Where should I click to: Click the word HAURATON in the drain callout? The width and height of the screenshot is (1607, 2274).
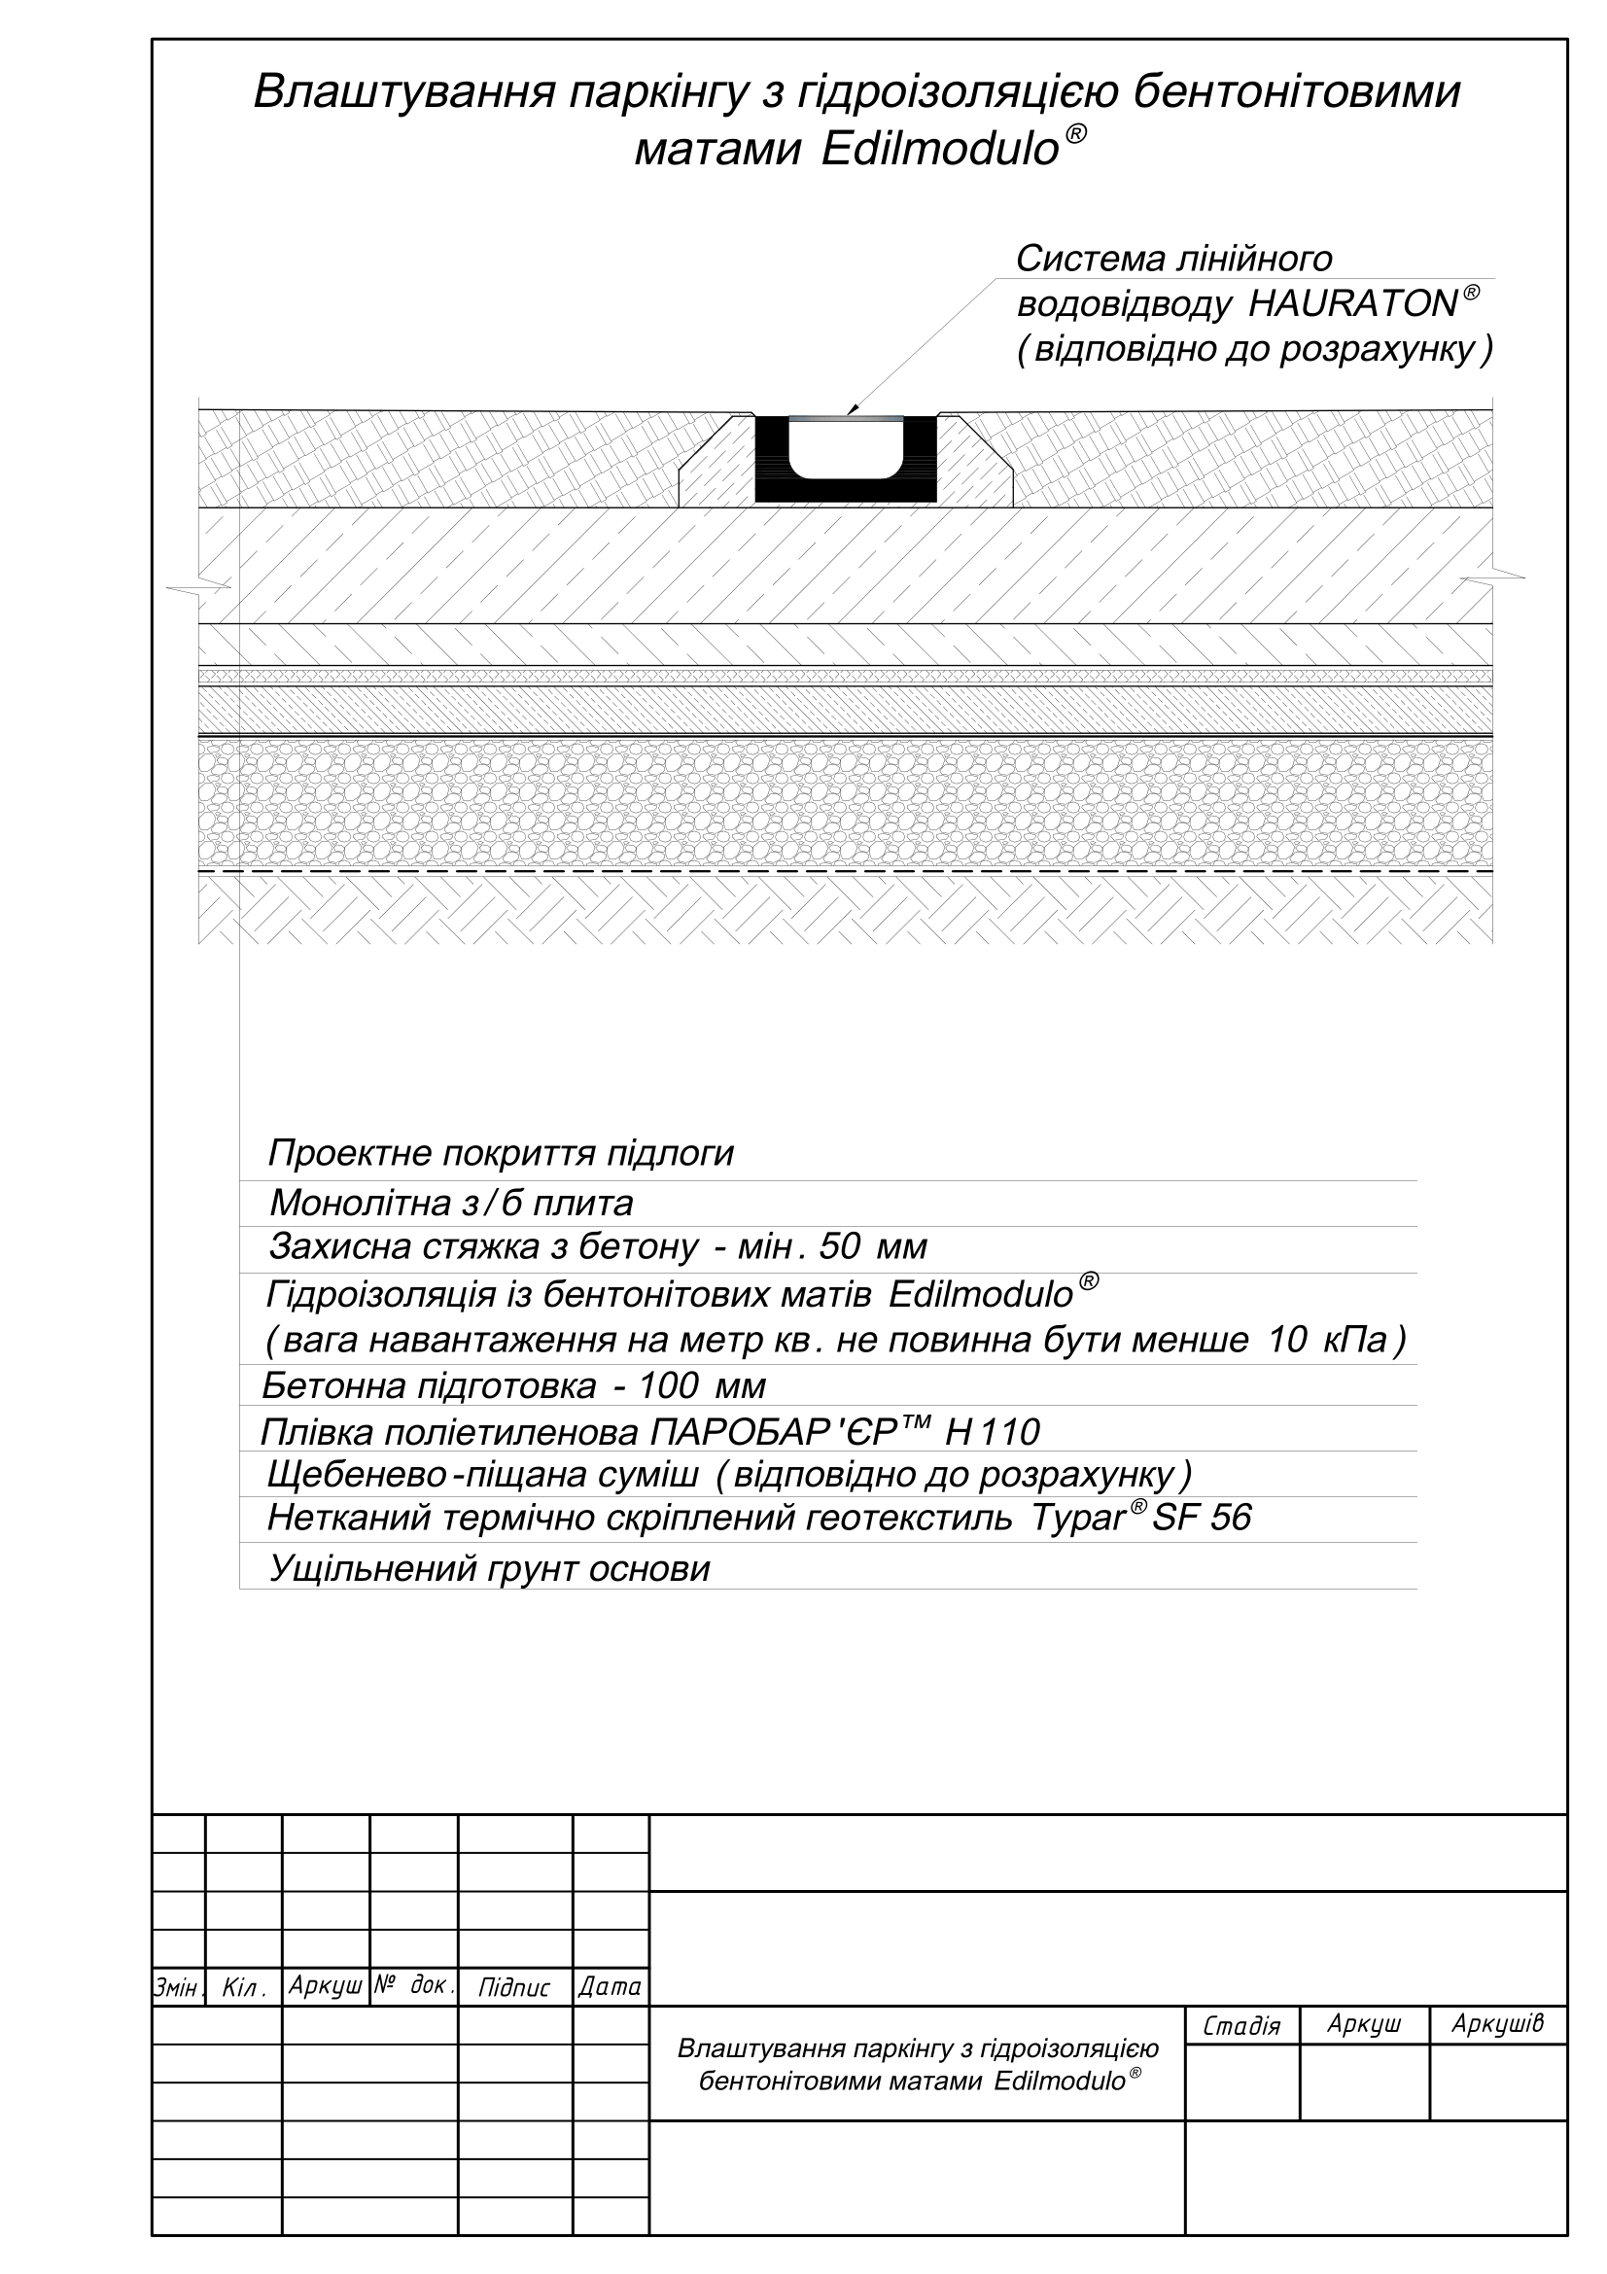pos(1352,304)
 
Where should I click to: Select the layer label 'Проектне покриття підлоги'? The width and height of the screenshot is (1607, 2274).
pos(500,1154)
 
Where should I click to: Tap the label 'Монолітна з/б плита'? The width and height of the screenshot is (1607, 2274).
pos(450,1204)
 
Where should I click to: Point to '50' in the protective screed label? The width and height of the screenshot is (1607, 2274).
pos(840,1247)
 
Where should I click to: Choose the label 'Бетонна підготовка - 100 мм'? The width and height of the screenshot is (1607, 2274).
pos(513,1385)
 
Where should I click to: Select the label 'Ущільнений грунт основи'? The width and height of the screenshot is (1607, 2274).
pos(489,1569)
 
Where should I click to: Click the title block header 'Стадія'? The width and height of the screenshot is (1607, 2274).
pos(1241,2026)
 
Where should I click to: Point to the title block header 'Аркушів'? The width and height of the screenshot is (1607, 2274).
pos(1497,2024)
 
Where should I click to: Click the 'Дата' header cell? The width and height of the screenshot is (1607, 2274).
pos(610,1987)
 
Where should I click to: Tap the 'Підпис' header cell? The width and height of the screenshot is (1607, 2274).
pos(514,1988)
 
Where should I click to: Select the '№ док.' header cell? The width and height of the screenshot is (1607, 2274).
pos(414,1986)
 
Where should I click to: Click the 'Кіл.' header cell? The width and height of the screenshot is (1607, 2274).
pos(244,1988)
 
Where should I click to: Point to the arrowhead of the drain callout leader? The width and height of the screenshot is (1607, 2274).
pos(852,410)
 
